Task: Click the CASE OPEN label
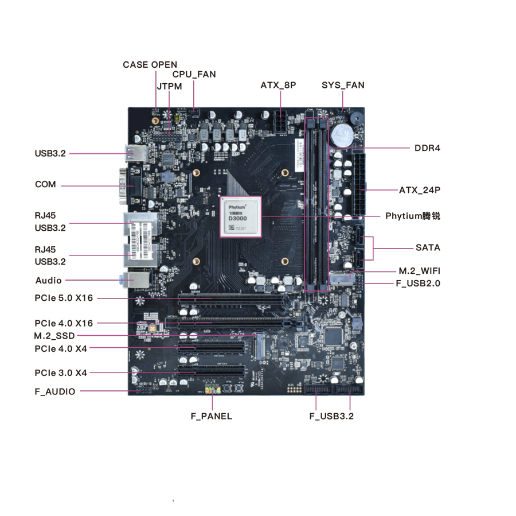coord(150,65)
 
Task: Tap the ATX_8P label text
coord(278,86)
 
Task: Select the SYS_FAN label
coord(343,86)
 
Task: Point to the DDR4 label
coord(427,148)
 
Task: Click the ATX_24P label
coord(420,190)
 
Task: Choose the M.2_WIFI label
coord(419,271)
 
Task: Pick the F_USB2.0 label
coord(418,283)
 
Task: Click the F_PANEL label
coord(212,416)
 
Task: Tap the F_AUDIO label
coord(54,391)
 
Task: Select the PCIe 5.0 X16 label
coord(63,298)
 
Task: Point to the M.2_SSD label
coord(54,336)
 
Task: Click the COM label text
coord(45,185)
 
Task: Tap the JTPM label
coord(169,87)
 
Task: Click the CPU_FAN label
coord(194,75)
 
